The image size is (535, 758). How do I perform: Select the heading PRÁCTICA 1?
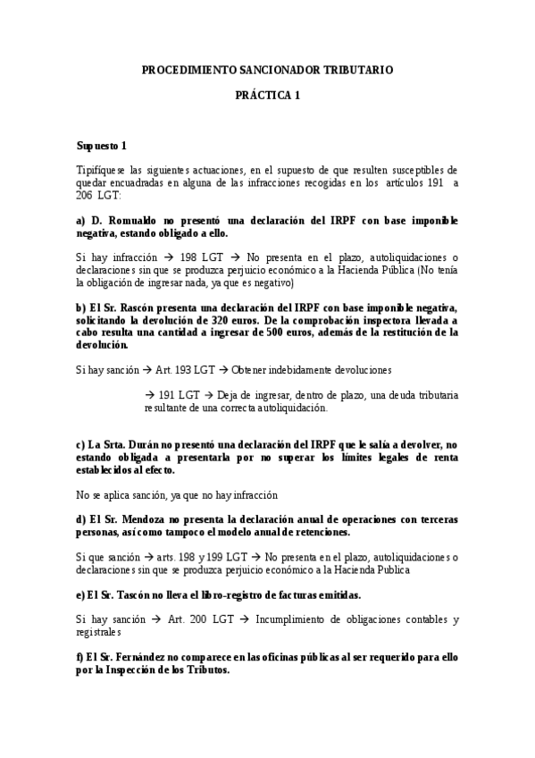point(267,96)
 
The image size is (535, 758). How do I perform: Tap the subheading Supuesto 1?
point(102,146)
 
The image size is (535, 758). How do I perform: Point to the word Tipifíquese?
point(102,170)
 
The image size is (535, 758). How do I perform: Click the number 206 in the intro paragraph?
point(85,195)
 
